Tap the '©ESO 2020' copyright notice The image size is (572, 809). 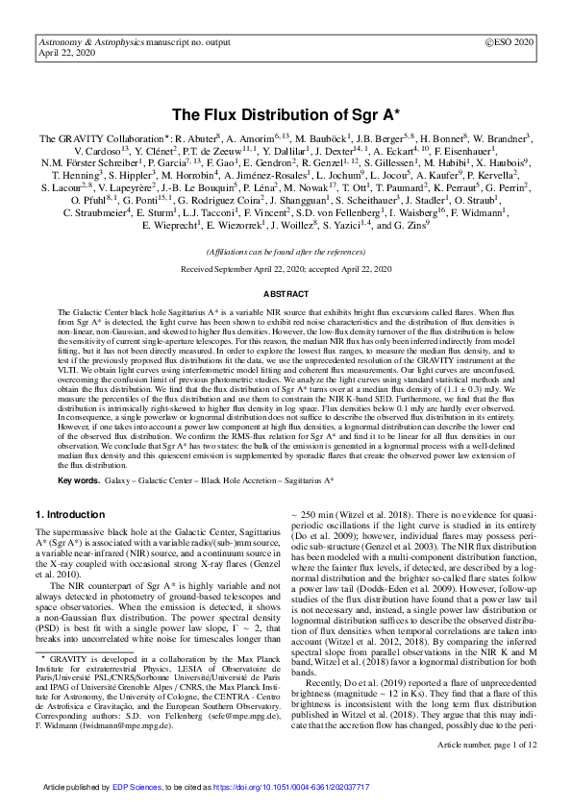point(510,43)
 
